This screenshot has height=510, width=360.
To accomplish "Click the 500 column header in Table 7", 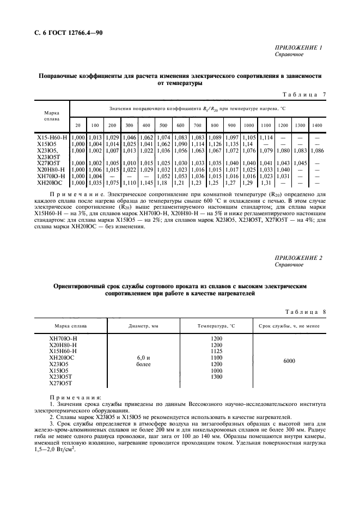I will pos(163,126).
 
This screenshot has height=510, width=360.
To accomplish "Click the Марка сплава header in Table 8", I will pos(70,326).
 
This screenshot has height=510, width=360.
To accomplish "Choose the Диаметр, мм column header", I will pos(143,326).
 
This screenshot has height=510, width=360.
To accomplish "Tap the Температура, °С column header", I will pos(217,326).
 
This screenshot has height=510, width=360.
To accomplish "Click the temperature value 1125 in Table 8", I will pos(216,351).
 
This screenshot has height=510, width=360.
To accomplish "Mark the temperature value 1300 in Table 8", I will pos(216,377).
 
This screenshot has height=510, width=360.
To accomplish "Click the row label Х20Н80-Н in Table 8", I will pos(63,345).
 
